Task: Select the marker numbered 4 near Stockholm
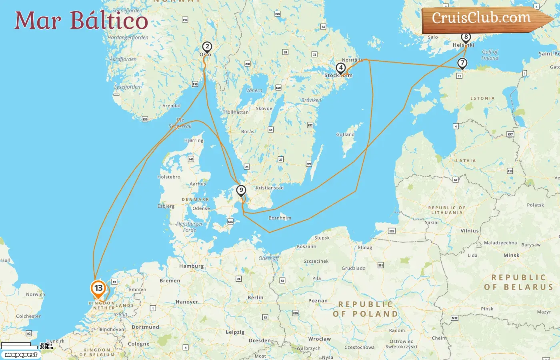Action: (340, 68)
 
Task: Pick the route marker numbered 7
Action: (462, 63)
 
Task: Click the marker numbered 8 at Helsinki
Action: (466, 37)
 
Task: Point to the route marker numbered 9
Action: (241, 190)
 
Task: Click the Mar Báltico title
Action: (81, 20)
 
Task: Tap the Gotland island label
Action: (345, 135)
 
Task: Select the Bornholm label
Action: (280, 218)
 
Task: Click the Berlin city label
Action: (255, 298)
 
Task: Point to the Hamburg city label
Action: (191, 266)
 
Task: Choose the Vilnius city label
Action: (469, 231)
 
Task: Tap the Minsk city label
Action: (511, 255)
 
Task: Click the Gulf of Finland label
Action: (490, 55)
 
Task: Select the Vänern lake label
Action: (254, 90)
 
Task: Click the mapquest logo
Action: (21, 355)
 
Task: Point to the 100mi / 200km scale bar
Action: (26, 345)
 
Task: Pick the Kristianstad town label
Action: (270, 188)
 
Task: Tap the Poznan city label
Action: (318, 301)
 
